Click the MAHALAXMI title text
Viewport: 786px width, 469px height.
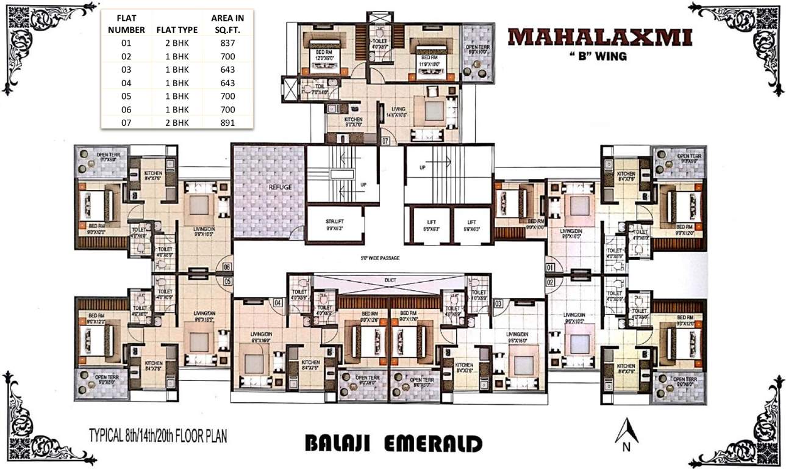point(600,38)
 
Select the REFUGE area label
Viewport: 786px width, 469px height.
point(268,187)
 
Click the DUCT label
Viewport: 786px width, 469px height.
point(390,281)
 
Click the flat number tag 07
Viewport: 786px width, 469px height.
point(385,141)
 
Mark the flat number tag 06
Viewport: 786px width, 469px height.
point(227,266)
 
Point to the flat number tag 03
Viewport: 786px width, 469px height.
point(498,303)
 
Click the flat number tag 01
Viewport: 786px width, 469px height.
point(551,267)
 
